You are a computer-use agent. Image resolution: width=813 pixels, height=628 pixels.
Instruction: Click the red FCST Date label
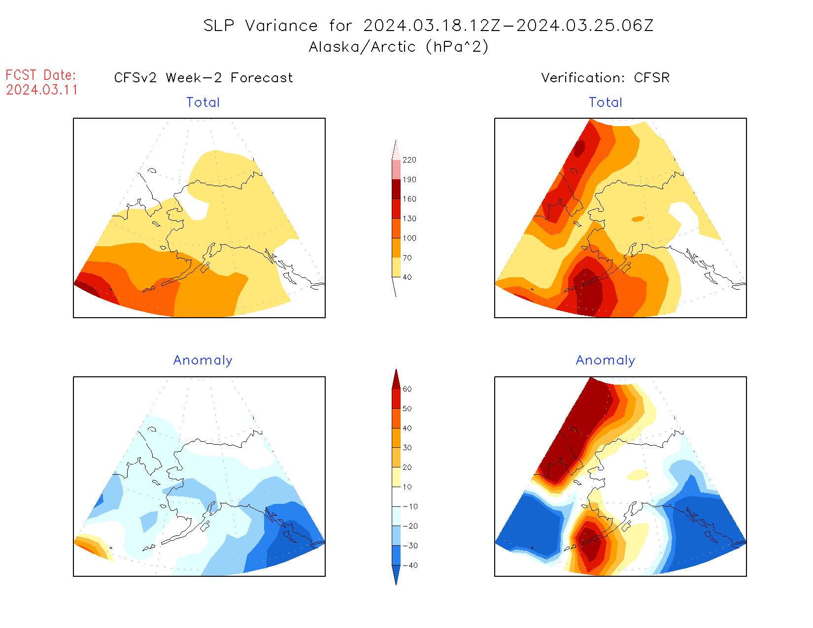[x=41, y=75]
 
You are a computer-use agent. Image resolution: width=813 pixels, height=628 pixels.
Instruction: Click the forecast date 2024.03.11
[x=42, y=90]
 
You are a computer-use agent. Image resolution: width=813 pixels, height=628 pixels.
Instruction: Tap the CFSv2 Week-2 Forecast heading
[x=203, y=78]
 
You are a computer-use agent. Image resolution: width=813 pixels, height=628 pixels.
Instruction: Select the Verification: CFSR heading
[x=605, y=78]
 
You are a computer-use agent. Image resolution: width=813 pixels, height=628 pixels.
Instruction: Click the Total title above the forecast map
[x=203, y=102]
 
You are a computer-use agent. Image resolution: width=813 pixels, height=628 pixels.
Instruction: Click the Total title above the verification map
[x=606, y=102]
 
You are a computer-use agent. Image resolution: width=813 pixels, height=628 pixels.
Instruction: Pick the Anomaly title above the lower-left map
[x=203, y=361]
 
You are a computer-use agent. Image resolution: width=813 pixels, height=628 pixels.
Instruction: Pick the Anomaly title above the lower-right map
[x=606, y=361]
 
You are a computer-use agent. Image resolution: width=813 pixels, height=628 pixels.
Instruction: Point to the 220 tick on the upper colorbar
[x=409, y=160]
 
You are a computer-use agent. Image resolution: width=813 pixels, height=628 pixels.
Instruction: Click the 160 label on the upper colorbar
[x=409, y=199]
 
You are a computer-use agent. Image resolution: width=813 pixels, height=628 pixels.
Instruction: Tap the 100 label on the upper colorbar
[x=409, y=238]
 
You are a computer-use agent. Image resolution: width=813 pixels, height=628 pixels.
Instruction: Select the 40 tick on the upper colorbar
[x=407, y=277]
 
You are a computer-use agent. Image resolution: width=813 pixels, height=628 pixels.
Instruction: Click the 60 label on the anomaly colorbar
[x=407, y=389]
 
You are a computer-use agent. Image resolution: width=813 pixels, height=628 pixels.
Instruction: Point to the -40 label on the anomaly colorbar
[x=410, y=565]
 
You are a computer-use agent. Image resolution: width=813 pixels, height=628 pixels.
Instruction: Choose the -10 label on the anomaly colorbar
[x=410, y=506]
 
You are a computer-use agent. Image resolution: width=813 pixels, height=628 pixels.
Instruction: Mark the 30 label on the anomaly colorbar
[x=407, y=448]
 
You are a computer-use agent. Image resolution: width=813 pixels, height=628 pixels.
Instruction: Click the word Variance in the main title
[x=281, y=26]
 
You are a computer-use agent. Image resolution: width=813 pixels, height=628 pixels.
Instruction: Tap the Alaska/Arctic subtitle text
[x=362, y=47]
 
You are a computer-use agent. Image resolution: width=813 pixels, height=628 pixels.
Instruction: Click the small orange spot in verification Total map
[x=638, y=219]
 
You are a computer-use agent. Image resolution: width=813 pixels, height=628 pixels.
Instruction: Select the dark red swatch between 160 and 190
[x=396, y=189]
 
